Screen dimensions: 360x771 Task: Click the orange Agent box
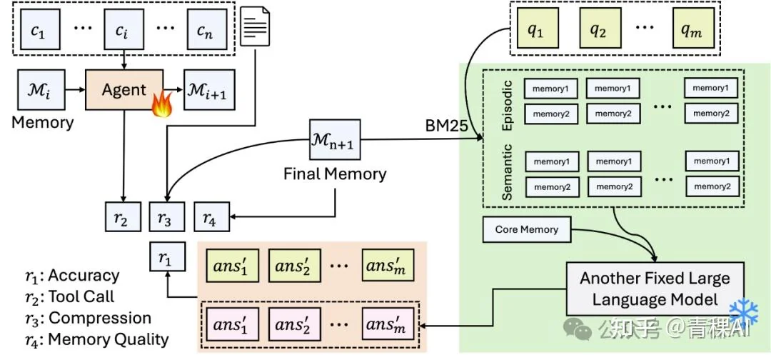click(x=124, y=90)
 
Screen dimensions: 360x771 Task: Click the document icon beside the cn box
click(x=256, y=28)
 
